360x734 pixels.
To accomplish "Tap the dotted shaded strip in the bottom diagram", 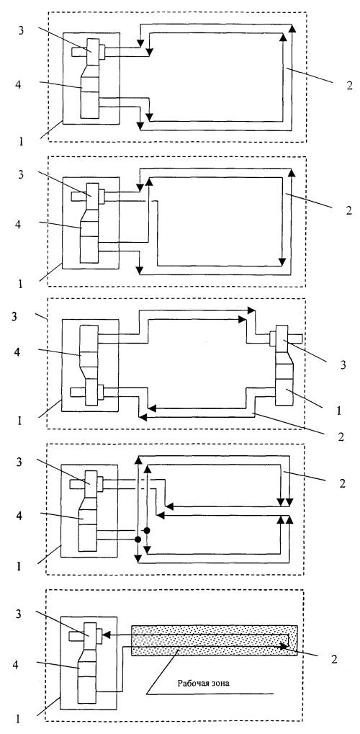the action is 215,640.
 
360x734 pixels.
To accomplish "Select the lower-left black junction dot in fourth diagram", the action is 138,540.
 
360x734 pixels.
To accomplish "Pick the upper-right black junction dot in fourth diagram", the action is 147,530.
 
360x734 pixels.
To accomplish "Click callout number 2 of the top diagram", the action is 349,86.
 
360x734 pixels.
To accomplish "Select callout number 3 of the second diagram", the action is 19,174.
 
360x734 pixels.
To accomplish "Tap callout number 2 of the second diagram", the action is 348,210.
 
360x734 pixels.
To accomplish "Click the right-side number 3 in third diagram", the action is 343,365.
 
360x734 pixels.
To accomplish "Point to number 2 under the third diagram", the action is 342,437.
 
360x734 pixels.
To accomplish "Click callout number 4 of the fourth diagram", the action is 19,515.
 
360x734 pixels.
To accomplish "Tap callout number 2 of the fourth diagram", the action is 342,483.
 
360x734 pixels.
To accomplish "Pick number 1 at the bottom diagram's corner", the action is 18,720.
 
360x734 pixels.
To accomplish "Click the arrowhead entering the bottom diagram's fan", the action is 106,635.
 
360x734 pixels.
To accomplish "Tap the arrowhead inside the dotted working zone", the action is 284,646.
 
